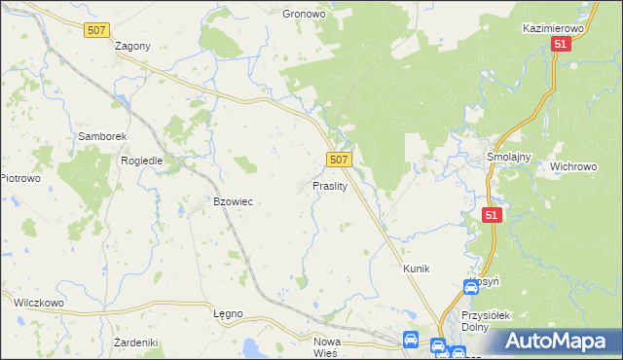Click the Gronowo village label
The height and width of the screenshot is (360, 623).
304,15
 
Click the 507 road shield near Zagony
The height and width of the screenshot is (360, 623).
96,31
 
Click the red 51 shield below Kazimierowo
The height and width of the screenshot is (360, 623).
560,45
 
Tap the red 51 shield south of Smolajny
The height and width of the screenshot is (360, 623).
493,215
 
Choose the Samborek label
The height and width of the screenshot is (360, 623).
98,137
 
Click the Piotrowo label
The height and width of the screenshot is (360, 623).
19,178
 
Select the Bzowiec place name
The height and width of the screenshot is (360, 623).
233,201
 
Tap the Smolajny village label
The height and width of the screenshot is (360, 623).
507,156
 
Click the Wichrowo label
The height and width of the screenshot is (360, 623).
573,166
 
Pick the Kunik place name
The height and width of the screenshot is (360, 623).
416,268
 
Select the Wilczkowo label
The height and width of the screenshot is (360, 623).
38,303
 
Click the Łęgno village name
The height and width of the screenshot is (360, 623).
227,313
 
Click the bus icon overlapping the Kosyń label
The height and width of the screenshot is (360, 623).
471,287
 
